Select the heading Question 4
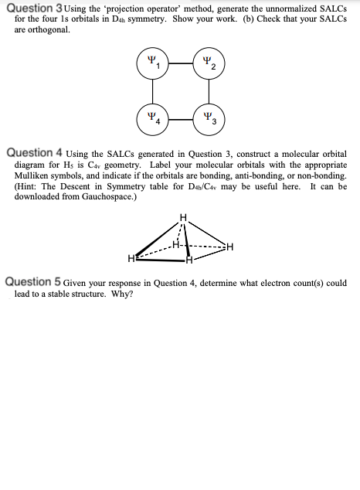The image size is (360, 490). pyautogui.click(x=39, y=154)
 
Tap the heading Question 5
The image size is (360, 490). pyautogui.click(x=39, y=283)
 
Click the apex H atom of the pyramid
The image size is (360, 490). pyautogui.click(x=183, y=216)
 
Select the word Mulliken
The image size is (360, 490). pyautogui.click(x=35, y=176)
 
